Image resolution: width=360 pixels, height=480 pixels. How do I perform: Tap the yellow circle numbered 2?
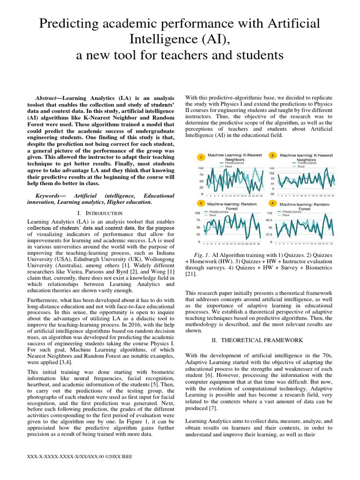pyautogui.click(x=272, y=155)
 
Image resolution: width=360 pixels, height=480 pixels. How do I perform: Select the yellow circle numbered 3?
pyautogui.click(x=201, y=203)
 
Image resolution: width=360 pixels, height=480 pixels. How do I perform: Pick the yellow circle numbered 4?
pyautogui.click(x=272, y=203)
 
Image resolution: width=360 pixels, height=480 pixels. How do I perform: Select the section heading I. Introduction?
pyautogui.click(x=99, y=213)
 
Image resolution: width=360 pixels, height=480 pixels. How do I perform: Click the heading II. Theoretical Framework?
pyautogui.click(x=259, y=340)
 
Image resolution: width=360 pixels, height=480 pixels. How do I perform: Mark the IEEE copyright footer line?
pyautogui.click(x=80, y=456)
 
